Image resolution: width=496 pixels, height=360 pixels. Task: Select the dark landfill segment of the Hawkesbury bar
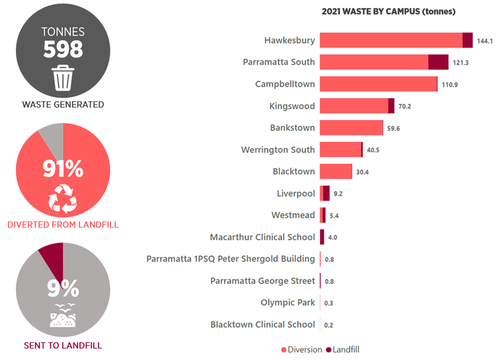[468, 40]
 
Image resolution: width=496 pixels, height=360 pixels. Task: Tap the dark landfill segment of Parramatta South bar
[438, 62]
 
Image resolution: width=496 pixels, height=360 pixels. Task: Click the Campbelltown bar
[378, 84]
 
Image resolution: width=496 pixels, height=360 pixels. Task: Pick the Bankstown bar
[351, 128]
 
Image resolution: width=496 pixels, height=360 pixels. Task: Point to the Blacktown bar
[336, 171]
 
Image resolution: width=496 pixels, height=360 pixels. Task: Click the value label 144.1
[485, 41]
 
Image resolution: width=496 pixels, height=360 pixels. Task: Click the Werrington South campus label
[278, 150]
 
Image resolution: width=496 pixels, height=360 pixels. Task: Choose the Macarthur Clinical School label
[263, 237]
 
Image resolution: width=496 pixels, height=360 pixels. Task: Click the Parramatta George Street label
[263, 281]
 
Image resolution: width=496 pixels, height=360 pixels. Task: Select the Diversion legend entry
[303, 349]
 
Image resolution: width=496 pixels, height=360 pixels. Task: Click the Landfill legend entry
[342, 349]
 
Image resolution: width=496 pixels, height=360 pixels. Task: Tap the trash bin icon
[63, 78]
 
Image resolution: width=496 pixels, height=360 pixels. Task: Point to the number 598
[63, 49]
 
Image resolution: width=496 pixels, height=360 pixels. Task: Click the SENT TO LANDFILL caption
[63, 345]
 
